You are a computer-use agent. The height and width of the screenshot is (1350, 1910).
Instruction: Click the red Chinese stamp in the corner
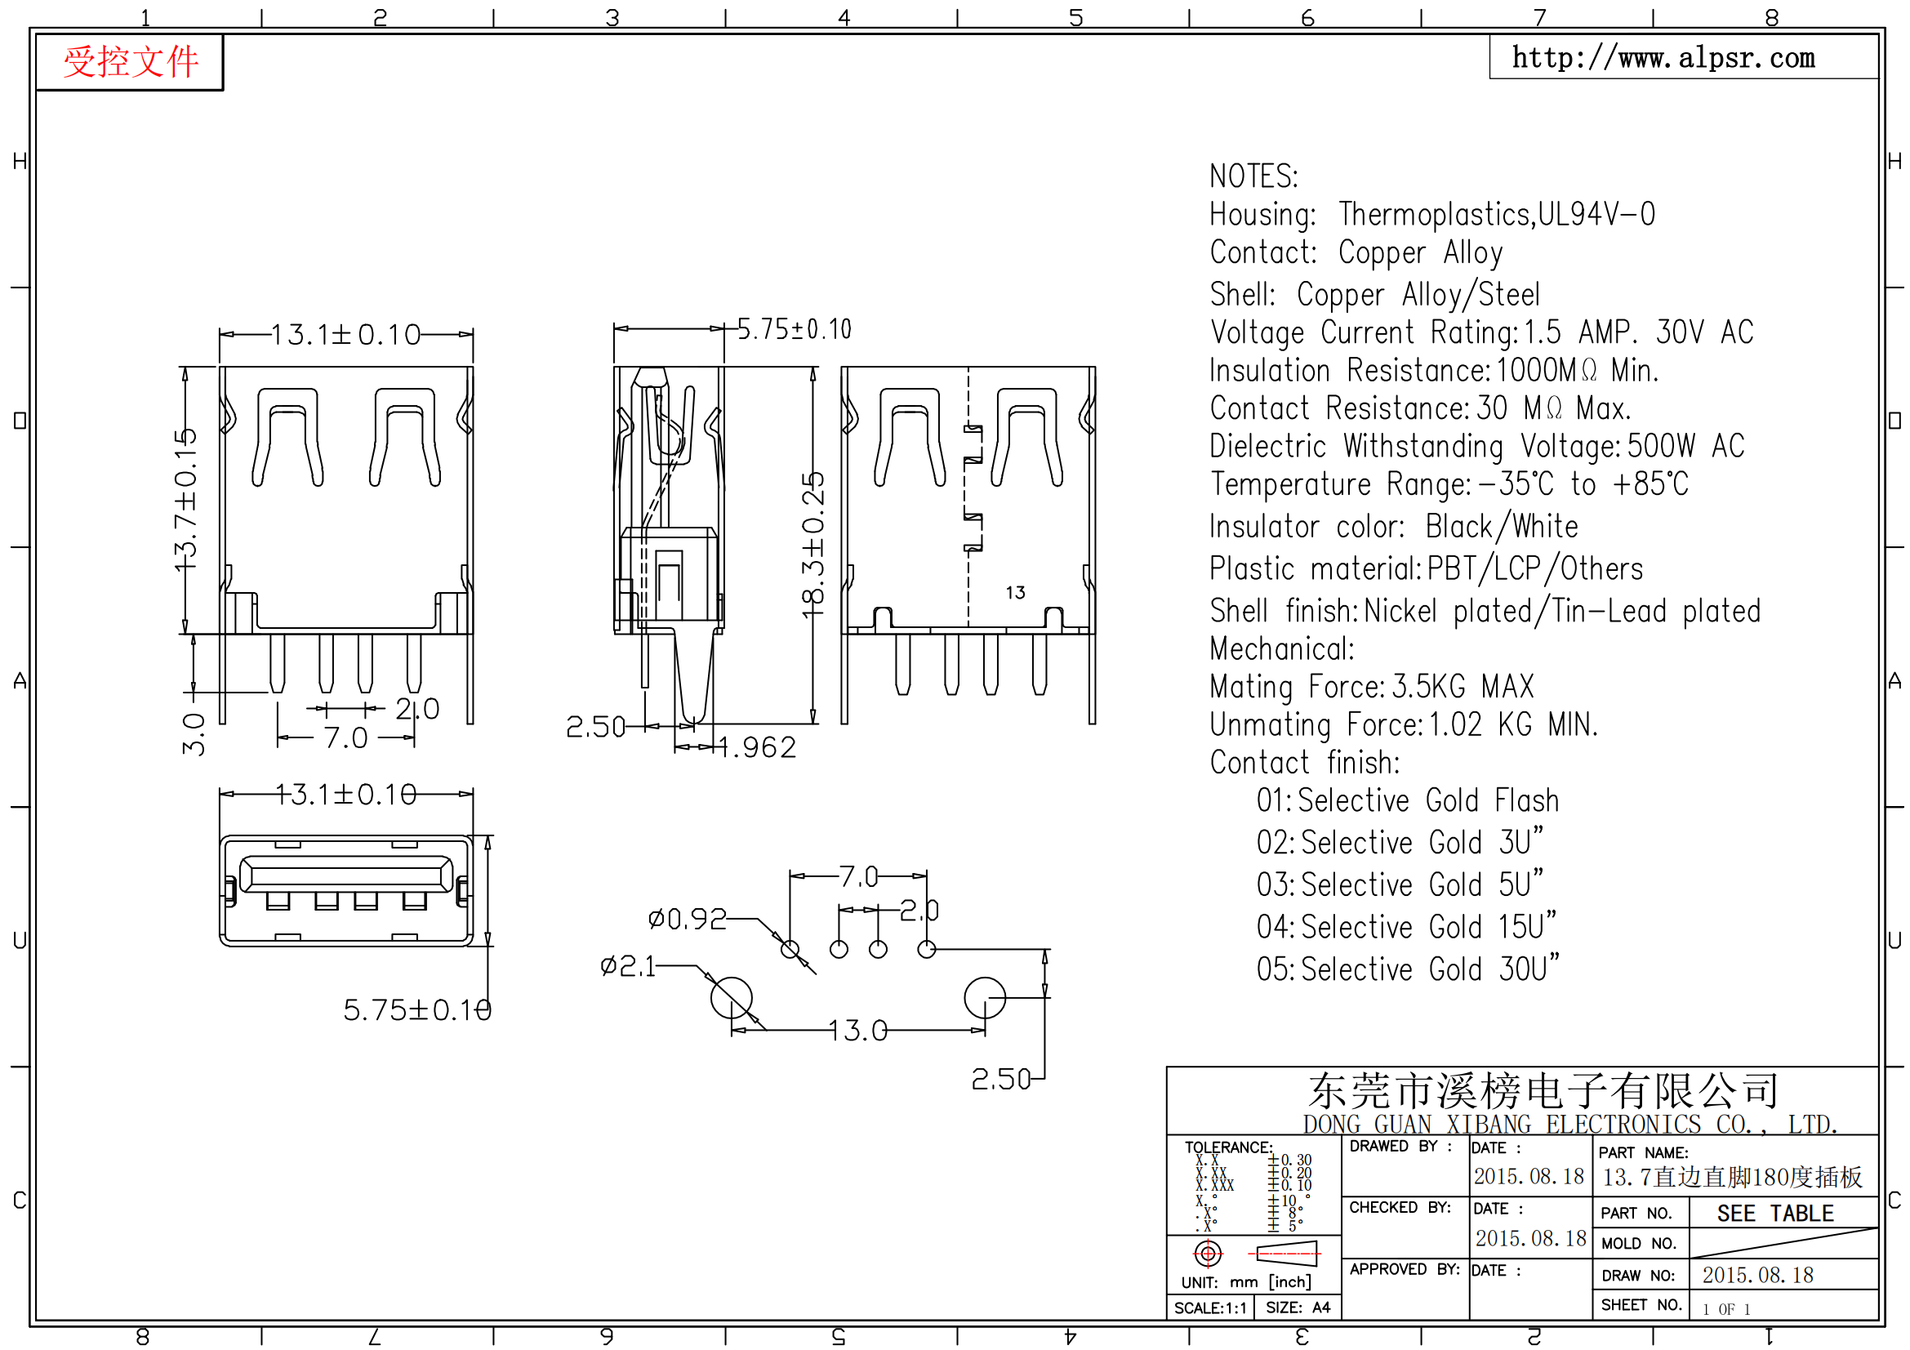point(131,62)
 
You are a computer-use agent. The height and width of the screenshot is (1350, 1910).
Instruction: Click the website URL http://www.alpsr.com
point(1663,58)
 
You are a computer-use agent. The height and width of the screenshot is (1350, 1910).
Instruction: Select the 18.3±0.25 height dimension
point(813,546)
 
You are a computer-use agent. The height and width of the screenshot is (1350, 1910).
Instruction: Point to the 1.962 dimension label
point(758,748)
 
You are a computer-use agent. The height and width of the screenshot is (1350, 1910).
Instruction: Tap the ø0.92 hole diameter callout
point(687,919)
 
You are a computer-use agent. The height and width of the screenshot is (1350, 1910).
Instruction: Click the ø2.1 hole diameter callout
point(628,966)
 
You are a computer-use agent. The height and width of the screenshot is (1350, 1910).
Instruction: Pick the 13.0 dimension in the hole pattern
point(858,1031)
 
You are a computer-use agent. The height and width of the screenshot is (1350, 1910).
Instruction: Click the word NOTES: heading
point(1253,176)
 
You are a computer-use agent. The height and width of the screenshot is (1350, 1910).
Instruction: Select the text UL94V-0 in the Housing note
point(1596,215)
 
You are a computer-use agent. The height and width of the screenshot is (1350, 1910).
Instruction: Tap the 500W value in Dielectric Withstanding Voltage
point(1660,447)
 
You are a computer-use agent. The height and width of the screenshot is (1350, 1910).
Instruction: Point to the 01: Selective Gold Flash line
point(1408,801)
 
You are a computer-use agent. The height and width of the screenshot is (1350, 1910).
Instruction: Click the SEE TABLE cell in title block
point(1775,1214)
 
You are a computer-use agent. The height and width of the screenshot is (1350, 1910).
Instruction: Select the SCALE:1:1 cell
point(1210,1308)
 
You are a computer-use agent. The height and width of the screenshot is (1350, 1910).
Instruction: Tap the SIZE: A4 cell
point(1298,1308)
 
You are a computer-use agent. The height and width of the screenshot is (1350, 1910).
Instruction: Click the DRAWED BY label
point(1400,1146)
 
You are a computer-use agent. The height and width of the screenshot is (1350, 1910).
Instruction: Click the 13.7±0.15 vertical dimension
point(185,500)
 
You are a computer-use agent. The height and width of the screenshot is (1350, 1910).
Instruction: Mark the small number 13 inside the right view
point(1015,592)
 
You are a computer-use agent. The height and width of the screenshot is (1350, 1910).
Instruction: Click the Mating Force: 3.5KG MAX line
point(1371,687)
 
